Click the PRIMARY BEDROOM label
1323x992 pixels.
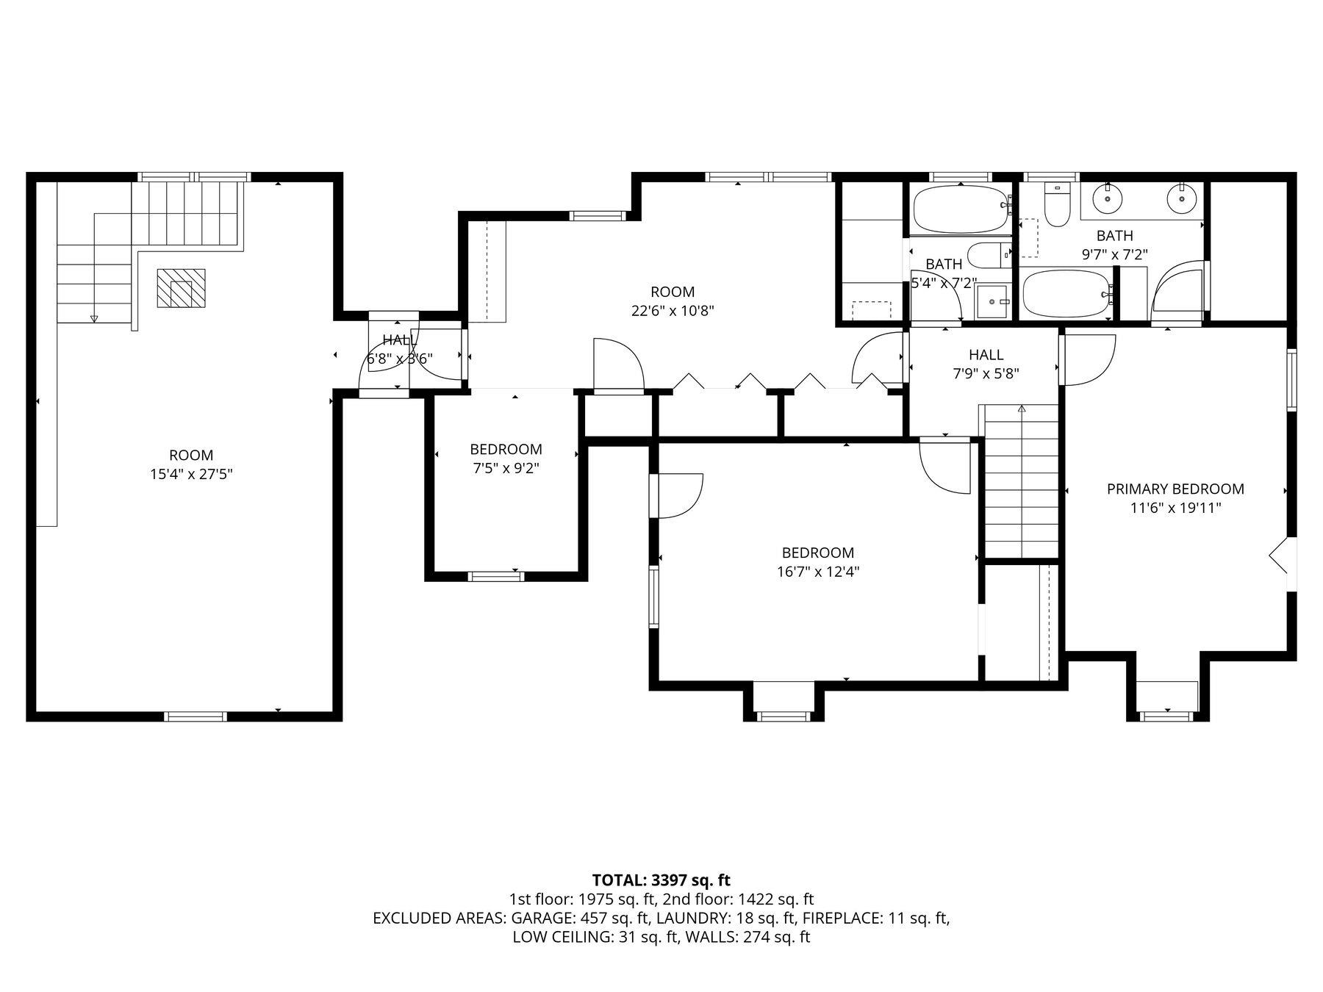[1175, 489]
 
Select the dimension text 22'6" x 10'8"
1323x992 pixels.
[673, 311]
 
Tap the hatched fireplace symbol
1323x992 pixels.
[181, 288]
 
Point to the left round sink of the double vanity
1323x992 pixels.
[1105, 198]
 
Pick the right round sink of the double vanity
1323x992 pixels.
[1181, 198]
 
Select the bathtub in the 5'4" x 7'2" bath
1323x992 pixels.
[960, 209]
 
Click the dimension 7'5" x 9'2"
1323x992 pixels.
[506, 468]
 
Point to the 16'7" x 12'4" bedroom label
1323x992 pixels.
[817, 553]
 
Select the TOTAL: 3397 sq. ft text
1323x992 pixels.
[661, 880]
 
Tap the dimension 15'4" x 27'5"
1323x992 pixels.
[191, 474]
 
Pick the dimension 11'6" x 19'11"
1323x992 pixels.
[1175, 508]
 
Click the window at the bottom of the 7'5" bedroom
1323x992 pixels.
[496, 575]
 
